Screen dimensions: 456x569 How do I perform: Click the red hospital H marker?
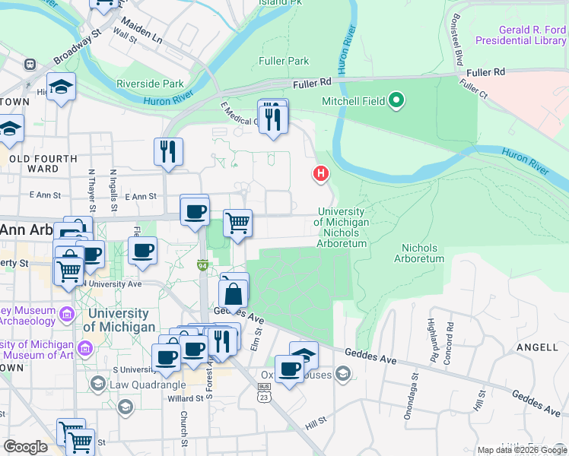tap(321, 174)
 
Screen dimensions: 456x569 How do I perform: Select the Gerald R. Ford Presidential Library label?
tap(521, 34)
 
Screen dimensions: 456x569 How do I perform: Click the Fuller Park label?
tap(284, 61)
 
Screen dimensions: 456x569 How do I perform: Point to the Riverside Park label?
tap(150, 84)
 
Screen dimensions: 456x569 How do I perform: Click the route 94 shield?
tap(202, 265)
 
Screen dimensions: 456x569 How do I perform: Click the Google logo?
tap(26, 447)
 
